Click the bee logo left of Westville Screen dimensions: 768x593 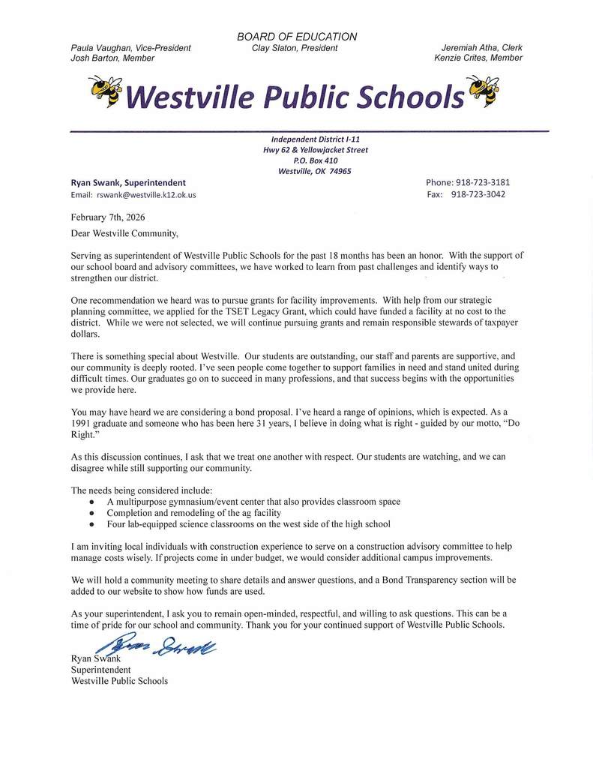[104, 91]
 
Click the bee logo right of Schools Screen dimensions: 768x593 [484, 91]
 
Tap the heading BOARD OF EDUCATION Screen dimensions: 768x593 [297, 37]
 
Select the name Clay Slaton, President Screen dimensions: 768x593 [295, 48]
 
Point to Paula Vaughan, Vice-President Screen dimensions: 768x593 [130, 48]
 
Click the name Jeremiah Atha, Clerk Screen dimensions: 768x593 [482, 48]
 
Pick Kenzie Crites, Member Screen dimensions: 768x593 [478, 58]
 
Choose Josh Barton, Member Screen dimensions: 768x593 [112, 58]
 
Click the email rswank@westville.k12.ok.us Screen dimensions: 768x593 [146, 195]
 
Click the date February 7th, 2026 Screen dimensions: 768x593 [108, 217]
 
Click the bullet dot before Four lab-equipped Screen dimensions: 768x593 [91, 524]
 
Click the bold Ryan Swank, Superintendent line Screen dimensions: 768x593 [128, 182]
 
